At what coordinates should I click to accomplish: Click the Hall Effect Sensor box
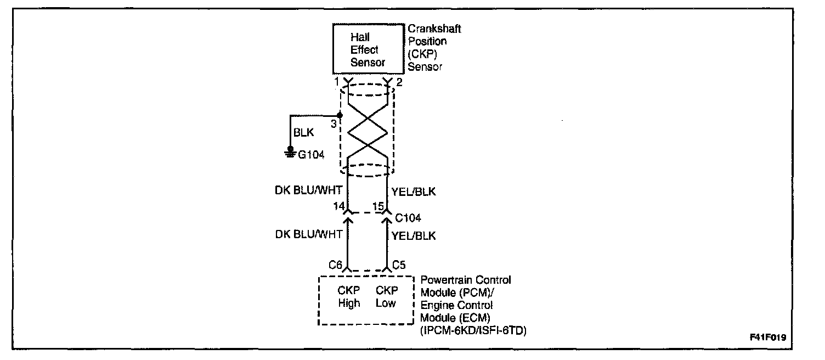368,49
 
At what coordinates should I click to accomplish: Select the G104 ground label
311,155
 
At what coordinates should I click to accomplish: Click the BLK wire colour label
304,133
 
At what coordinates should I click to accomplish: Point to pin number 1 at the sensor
340,82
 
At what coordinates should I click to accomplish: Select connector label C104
408,218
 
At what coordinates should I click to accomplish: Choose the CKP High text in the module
349,297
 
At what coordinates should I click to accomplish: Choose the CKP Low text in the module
386,297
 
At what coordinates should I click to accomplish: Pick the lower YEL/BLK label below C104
414,235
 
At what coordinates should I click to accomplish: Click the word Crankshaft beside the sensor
434,29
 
